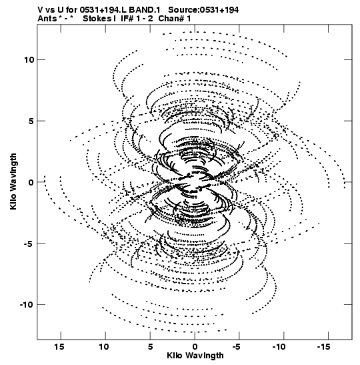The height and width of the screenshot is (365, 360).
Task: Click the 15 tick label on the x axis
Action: pos(59,347)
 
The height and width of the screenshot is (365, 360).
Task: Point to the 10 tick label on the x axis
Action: pos(104,347)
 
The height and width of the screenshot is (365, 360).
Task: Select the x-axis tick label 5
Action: pos(150,347)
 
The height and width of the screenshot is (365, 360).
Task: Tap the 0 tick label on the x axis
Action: pos(195,347)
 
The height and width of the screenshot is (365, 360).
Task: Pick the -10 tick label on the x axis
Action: pos(279,347)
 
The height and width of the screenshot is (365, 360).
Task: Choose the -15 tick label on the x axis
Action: pos(323,347)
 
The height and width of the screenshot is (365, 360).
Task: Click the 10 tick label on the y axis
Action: pos(29,60)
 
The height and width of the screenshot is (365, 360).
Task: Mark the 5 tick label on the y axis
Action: pos(31,121)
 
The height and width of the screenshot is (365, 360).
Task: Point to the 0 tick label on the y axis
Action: pos(31,182)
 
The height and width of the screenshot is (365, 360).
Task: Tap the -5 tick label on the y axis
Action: pos(29,244)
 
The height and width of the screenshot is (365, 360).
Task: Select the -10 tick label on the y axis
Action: pos(27,305)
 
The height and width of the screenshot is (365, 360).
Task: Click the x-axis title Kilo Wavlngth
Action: pos(195,356)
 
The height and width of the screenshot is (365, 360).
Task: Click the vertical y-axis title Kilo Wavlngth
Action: pos(14,181)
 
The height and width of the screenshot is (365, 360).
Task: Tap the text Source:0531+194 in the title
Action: pos(203,10)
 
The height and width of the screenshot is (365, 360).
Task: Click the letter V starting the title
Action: pos(40,10)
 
